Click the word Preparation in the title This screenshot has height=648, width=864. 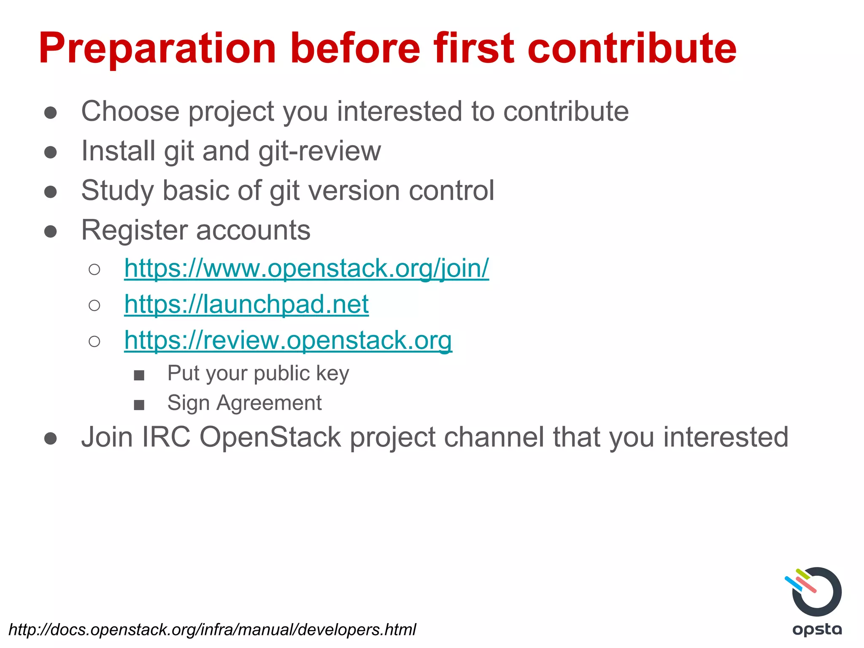coord(157,49)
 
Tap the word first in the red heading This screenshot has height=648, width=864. coord(474,48)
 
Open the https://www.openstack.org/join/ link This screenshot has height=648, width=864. coord(306,268)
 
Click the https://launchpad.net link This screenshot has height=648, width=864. coord(246,304)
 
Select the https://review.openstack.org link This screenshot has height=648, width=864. coord(288,340)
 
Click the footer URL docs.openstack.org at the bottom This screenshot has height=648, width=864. coord(212,629)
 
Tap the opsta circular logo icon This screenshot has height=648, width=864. coord(814,592)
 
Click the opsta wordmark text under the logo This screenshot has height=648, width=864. coord(817,629)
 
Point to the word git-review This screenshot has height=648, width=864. coord(319,151)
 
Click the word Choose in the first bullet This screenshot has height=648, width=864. coord(130,111)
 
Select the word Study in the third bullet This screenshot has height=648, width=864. coord(117,191)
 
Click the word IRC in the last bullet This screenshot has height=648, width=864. coord(166,437)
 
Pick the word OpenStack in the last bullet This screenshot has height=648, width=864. coord(270,437)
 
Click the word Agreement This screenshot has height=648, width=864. coord(269,403)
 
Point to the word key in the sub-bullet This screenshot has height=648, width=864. coord(332,374)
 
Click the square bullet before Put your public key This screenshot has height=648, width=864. coord(139,375)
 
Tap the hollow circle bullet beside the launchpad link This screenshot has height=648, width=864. coord(94,305)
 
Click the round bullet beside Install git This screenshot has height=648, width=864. coord(51,152)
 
